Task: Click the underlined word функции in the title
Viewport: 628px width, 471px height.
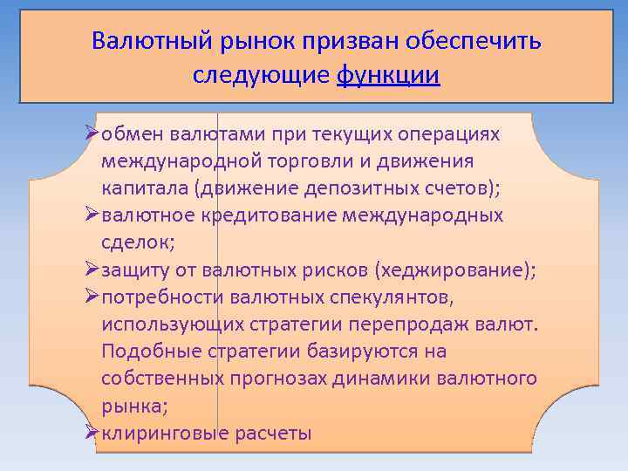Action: tap(388, 75)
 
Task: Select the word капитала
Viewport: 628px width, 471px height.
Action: tap(144, 188)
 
